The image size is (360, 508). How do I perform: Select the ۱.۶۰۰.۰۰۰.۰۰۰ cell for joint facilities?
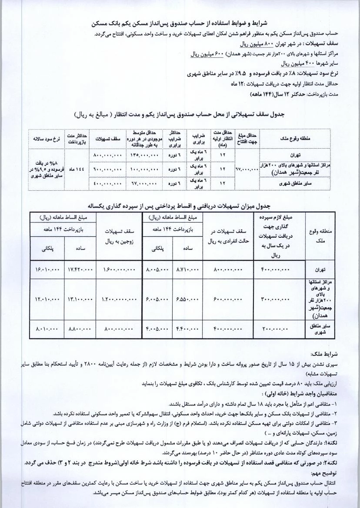119,270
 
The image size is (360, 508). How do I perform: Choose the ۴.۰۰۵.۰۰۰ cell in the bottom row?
157,329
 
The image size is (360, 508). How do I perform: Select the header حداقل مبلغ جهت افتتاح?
246,138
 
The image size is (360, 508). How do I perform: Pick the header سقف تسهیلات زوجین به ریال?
119,236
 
